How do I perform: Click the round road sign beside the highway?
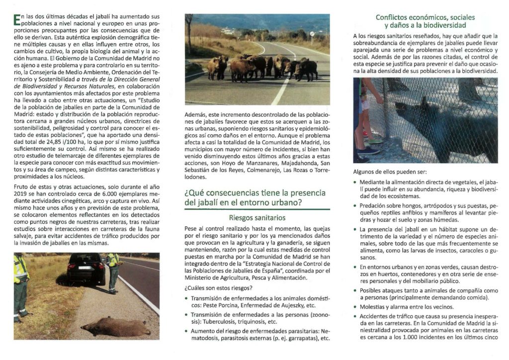click(x=312, y=34)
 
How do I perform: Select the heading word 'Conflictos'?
click(x=392, y=18)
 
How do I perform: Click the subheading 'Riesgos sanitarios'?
click(x=257, y=217)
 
